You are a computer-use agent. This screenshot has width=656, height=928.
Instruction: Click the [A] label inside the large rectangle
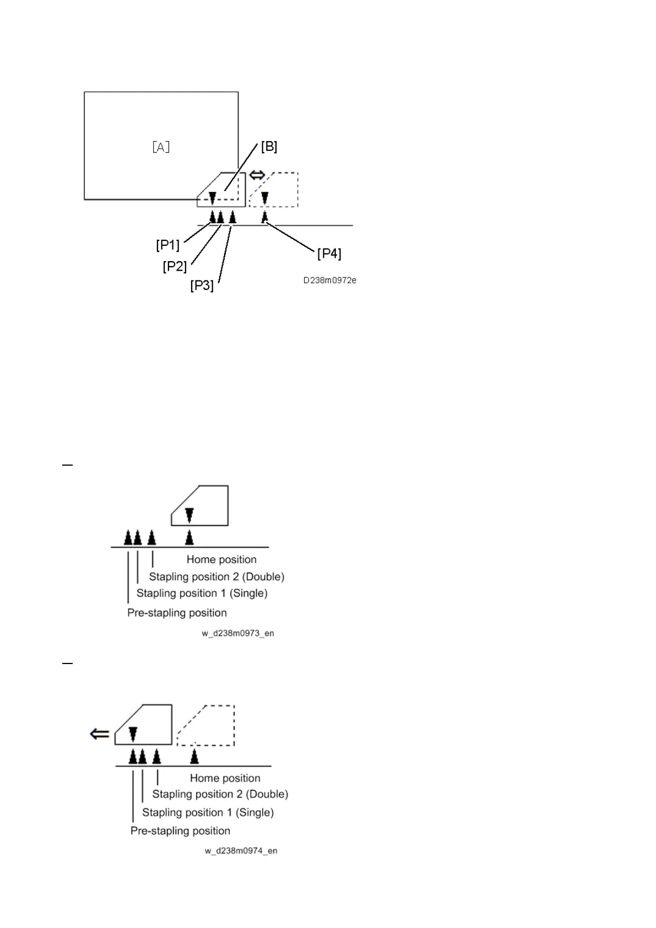point(161,147)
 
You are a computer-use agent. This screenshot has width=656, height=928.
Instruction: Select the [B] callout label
point(269,147)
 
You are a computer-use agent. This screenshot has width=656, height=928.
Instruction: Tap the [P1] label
point(167,245)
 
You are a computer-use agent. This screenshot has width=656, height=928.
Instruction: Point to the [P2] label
point(175,267)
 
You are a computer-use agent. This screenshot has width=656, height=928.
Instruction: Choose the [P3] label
point(202,286)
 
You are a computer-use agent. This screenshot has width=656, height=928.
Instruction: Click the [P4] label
point(329,253)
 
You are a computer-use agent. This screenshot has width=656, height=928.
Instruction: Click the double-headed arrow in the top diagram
point(257,175)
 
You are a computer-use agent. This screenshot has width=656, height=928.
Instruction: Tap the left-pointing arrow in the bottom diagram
point(100,734)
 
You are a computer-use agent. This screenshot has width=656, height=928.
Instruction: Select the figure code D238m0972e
point(329,280)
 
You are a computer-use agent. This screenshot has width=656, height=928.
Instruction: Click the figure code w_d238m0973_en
point(237,633)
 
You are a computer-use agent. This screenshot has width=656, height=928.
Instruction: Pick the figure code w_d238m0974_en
point(241,851)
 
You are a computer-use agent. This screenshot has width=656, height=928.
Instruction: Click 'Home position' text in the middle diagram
point(221,559)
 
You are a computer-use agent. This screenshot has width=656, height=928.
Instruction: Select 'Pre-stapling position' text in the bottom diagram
point(180,830)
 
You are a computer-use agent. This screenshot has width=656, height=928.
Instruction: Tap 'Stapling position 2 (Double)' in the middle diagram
point(216,576)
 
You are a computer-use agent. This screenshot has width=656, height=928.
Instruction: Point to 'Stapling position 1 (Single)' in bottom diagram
point(208,812)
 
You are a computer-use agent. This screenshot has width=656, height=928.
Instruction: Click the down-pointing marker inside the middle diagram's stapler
point(189,515)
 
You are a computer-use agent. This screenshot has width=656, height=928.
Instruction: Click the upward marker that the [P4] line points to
point(264,217)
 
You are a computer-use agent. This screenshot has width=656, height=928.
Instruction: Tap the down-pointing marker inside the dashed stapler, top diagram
point(265,197)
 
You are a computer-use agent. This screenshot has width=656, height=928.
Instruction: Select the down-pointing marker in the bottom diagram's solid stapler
point(133,733)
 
